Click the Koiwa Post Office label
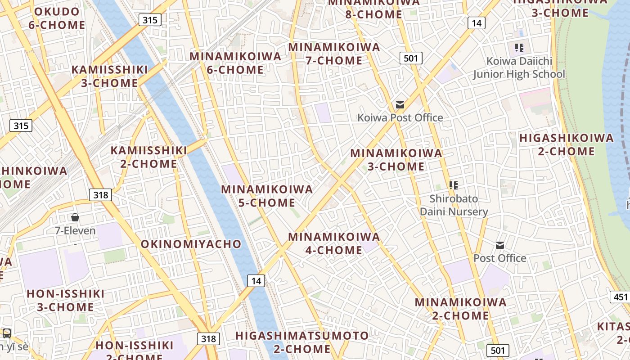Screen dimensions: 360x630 tap(400, 118)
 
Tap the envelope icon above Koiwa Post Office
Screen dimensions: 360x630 tap(400, 105)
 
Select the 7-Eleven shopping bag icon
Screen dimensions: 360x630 tap(75, 218)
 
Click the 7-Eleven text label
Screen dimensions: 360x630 tap(75, 231)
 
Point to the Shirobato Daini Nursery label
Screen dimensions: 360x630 tap(454, 205)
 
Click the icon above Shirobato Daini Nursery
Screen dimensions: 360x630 tap(454, 185)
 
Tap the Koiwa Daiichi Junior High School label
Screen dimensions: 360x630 tap(519, 67)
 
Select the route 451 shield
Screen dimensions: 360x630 tap(621, 297)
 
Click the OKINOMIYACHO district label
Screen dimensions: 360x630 tap(191, 244)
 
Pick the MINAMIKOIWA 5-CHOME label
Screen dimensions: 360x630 tap(267, 196)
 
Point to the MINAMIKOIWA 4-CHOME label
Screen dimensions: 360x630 tap(334, 243)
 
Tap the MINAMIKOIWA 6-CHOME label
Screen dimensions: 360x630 tap(235, 63)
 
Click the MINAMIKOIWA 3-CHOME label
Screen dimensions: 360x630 tap(396, 160)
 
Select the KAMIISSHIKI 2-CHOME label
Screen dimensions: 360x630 tap(148, 157)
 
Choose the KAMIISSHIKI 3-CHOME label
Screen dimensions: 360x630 tap(110, 76)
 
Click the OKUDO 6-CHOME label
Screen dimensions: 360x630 tap(57, 18)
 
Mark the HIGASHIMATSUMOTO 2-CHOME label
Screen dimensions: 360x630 tap(302, 342)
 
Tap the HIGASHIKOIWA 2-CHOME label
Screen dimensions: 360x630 tap(567, 144)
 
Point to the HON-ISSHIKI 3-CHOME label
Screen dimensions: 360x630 tap(66, 301)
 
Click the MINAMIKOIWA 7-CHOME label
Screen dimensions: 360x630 tap(334, 54)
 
